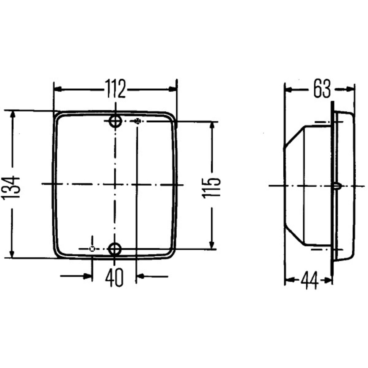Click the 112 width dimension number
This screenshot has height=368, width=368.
116,89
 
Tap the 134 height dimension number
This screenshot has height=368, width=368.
11,188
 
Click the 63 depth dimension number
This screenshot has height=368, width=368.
322,89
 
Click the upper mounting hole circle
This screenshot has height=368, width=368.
115,121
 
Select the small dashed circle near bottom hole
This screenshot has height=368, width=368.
92,249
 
